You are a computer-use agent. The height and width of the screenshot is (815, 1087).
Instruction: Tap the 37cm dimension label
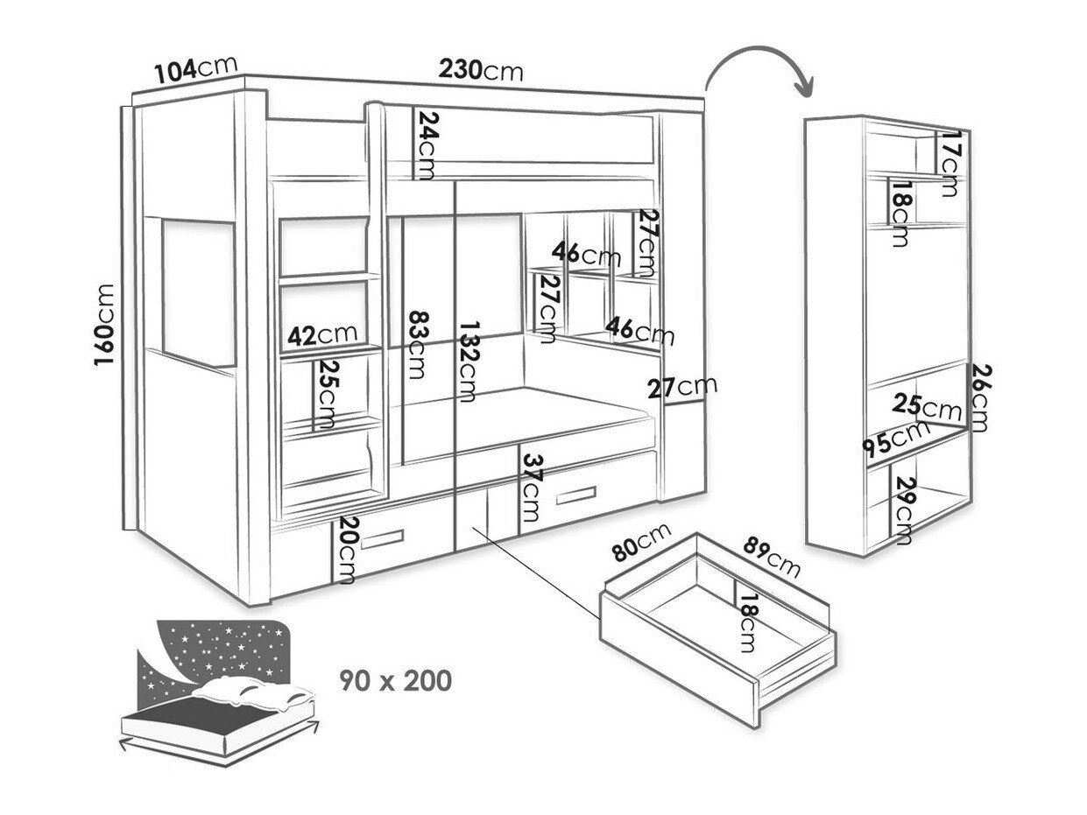tap(531, 488)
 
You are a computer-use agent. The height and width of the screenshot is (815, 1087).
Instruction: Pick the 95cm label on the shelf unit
tap(893, 438)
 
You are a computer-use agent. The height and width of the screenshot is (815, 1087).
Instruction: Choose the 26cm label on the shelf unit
tap(978, 398)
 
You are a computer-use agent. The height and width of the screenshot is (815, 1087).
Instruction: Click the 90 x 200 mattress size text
tap(396, 678)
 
